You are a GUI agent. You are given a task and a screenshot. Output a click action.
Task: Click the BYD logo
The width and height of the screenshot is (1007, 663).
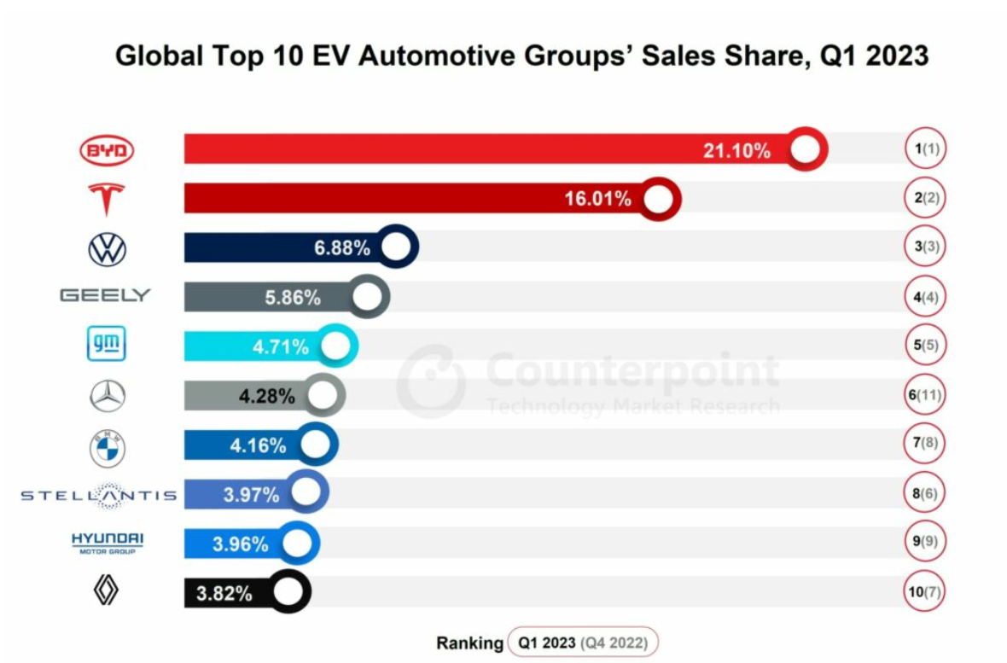pos(107,152)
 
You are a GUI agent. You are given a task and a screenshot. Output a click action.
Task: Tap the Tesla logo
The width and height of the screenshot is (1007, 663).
pos(107,199)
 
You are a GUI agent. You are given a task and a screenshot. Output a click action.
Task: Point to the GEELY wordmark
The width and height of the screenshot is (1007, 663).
pos(105,295)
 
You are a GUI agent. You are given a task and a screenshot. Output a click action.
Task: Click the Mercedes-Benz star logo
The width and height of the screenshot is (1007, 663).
pos(107,396)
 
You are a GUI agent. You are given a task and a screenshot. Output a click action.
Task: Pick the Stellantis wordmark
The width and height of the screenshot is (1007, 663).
pos(98,495)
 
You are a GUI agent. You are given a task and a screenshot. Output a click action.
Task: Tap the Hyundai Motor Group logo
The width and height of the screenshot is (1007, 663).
pos(107,543)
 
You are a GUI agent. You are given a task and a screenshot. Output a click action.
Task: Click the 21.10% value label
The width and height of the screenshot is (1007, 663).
pos(736,151)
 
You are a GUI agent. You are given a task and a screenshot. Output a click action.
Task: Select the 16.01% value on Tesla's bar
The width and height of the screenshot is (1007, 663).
pos(597,200)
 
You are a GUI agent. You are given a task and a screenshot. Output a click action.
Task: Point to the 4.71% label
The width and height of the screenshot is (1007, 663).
pos(281,346)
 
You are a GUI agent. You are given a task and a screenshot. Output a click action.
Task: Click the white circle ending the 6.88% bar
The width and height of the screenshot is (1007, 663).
pos(394,248)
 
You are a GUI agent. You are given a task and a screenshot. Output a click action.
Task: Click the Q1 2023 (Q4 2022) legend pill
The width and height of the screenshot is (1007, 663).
pos(583,643)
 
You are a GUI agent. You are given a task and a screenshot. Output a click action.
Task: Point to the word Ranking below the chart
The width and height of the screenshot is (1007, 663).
pos(469,643)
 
